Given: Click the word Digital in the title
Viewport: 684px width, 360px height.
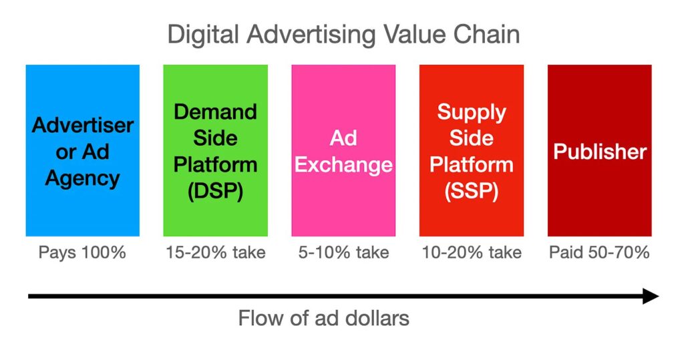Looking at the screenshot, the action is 202,35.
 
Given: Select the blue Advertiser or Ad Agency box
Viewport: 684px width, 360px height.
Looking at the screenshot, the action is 82,150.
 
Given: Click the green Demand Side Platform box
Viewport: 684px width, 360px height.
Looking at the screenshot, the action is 216,150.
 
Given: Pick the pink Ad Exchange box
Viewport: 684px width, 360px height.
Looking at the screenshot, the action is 343,150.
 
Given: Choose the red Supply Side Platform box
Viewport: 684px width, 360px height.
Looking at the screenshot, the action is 472,150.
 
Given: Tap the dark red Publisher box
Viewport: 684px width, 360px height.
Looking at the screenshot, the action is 600,150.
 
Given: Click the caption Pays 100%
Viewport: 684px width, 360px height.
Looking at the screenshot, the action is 82,252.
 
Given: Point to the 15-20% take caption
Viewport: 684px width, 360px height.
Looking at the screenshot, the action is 216,252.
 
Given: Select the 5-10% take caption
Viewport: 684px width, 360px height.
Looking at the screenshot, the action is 344,252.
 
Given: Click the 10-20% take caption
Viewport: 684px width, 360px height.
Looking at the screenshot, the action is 472,252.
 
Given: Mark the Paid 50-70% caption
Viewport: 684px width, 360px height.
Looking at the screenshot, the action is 599,252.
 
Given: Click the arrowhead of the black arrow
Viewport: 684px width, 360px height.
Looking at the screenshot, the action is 652,297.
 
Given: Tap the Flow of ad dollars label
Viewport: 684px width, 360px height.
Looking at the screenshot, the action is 324,318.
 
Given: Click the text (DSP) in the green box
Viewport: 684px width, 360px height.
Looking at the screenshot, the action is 216,191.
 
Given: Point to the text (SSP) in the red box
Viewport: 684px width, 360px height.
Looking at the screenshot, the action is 472,191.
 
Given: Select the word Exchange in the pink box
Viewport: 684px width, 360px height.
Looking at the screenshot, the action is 344,166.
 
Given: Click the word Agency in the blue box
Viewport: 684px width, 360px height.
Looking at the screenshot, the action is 82,179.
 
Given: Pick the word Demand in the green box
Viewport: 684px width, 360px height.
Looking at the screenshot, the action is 216,112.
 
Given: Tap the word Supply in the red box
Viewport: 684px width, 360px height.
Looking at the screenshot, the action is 472,113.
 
